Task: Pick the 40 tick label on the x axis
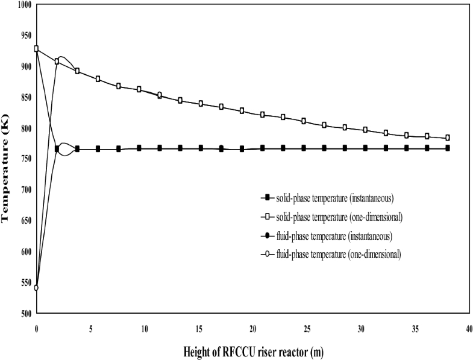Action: pos(468,329)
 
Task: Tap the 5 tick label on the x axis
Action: pos(90,329)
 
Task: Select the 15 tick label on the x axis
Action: pos(198,329)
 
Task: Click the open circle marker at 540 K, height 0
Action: pos(36,288)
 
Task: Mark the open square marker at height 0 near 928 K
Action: pos(36,49)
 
